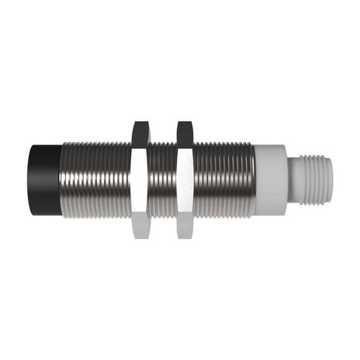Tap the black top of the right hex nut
tap(185, 133)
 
